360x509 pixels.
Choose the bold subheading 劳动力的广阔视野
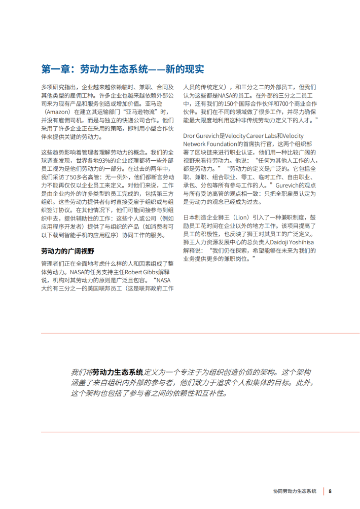[67, 251]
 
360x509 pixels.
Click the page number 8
[330, 491]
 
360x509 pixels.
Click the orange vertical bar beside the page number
[322, 491]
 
